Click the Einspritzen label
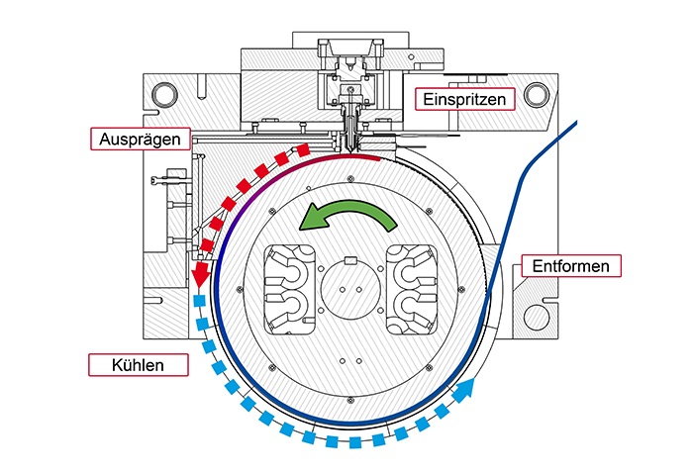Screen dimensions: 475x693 click(x=464, y=99)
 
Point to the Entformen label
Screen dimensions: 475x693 click(x=570, y=266)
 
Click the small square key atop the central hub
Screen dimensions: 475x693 click(x=348, y=262)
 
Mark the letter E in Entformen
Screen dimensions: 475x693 click(x=535, y=266)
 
